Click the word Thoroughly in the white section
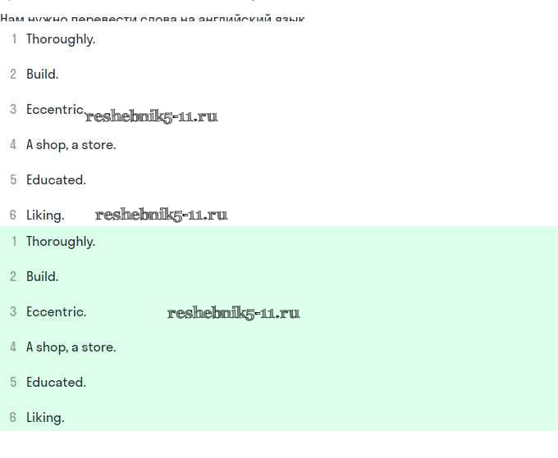tap(60, 39)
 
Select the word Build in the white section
tap(42, 75)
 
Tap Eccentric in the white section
tap(54, 110)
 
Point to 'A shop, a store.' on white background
tap(71, 145)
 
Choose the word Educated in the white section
tap(56, 180)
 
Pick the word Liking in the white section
tap(44, 215)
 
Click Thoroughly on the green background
tap(60, 242)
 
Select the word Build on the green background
tap(42, 277)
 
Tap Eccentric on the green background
tap(56, 312)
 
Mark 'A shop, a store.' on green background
tap(71, 347)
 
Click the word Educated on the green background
tap(56, 383)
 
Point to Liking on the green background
tap(44, 418)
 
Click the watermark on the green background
tap(233, 313)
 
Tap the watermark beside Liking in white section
tap(161, 215)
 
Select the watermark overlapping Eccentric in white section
tap(152, 116)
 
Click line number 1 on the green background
tap(13, 242)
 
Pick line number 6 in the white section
tap(13, 215)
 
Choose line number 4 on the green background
tap(13, 347)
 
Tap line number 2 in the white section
tap(13, 75)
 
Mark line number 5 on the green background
tap(13, 383)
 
